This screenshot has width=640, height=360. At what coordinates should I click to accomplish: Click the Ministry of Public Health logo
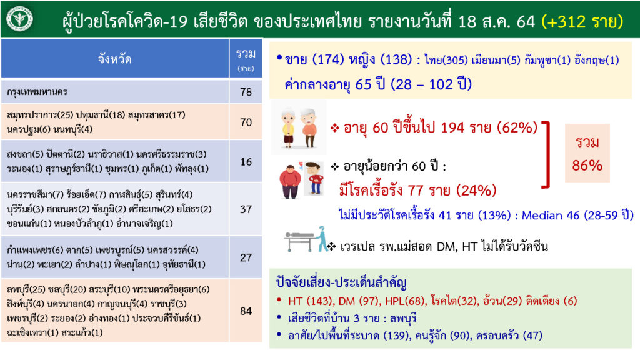coord(19,19)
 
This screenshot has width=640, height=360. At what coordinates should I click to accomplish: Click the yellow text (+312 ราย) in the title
coord(582,22)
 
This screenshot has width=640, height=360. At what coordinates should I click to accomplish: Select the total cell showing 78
coord(246,91)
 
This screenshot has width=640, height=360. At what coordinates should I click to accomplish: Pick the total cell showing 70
coord(246,122)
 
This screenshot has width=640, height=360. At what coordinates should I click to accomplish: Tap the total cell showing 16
coord(246,162)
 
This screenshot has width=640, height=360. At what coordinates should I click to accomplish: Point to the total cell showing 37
coord(246,209)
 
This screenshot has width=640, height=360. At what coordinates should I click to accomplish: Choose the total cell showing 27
coord(246,257)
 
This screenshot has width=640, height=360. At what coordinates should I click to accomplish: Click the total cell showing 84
coord(246,311)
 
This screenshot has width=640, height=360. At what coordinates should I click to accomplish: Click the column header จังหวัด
coord(115,59)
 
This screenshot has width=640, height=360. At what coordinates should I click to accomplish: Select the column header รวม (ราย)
coord(246,59)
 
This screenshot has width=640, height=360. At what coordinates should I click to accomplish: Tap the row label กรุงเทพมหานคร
coord(37,92)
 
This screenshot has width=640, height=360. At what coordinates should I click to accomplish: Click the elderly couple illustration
coord(299,127)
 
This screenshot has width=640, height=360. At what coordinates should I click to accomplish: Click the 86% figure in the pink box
coord(587,165)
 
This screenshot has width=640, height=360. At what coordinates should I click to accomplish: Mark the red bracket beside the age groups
coord(546,154)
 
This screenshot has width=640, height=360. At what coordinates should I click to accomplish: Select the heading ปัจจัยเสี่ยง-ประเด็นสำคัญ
coord(341,282)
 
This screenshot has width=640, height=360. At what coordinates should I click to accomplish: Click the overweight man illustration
coord(290,182)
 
